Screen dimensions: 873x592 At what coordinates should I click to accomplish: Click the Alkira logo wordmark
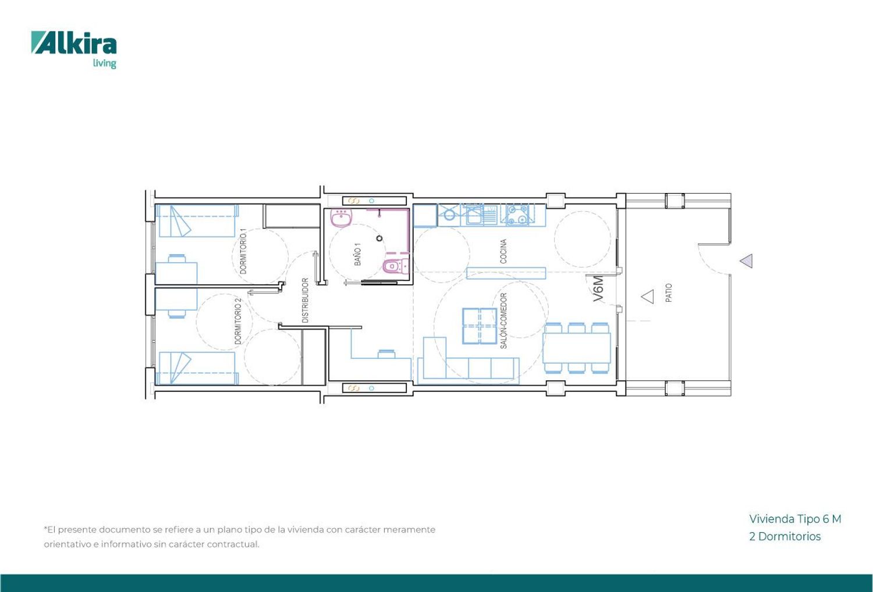pos(74,42)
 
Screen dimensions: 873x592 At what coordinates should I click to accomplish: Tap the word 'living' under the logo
pos(104,63)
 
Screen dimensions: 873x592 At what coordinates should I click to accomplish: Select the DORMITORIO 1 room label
pos(244,251)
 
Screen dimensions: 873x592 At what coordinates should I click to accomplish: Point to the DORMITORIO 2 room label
pos(237,322)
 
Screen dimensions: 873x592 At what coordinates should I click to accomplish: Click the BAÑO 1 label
pos(357,254)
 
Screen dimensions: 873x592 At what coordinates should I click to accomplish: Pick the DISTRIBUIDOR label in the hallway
pos(305,300)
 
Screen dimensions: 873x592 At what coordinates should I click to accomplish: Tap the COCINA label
pos(503,251)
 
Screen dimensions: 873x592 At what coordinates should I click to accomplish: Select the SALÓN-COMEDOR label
pos(503,321)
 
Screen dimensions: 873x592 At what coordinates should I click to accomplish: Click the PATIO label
pos(669,293)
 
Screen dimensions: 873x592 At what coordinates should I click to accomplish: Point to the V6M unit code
pos(598,289)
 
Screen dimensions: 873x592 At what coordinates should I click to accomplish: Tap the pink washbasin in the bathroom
pos(342,217)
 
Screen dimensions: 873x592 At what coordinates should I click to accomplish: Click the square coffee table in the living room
pos(480,326)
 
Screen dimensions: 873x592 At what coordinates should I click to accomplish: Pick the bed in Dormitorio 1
pos(197,221)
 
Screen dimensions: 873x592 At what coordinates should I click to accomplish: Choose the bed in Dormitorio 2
pos(197,369)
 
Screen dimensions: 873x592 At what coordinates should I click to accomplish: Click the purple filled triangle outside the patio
pos(747,261)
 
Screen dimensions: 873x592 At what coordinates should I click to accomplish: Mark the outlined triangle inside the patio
pos(648,297)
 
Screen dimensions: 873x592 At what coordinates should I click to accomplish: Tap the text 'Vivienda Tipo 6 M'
pos(795,519)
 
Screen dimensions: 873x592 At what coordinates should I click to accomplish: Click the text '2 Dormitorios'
pos(785,536)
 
